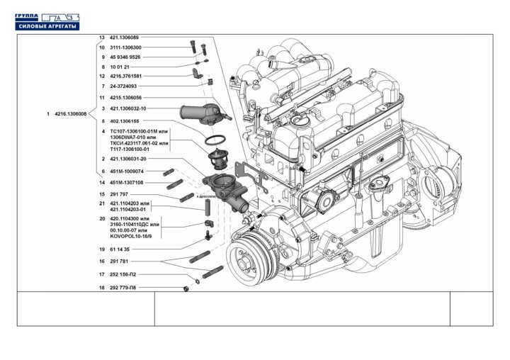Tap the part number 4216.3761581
(x=126, y=76)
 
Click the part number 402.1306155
(x=126, y=120)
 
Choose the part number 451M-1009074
(x=127, y=171)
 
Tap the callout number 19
(x=102, y=249)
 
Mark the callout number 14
(x=102, y=182)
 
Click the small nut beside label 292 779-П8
(x=185, y=288)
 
